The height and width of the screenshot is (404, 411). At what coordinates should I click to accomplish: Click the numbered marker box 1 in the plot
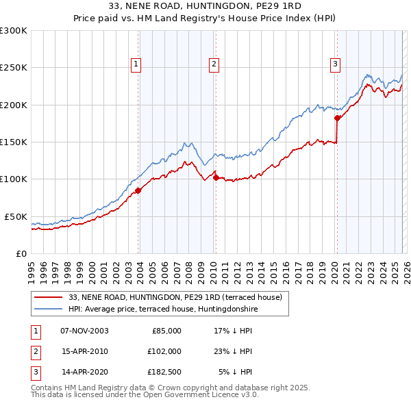pyautogui.click(x=136, y=64)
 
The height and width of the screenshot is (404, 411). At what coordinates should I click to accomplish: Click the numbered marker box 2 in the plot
pyautogui.click(x=214, y=64)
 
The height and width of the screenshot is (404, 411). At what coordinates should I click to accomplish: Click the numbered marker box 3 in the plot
pyautogui.click(x=335, y=64)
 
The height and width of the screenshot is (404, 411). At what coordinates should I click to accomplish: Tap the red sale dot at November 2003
pyautogui.click(x=138, y=190)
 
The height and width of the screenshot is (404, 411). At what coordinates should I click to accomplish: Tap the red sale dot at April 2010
pyautogui.click(x=216, y=177)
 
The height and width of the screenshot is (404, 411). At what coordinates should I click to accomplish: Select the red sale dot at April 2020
pyautogui.click(x=337, y=118)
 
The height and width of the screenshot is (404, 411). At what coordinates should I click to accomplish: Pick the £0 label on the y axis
pyautogui.click(x=20, y=253)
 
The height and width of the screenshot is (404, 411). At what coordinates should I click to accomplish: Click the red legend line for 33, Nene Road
pyautogui.click(x=50, y=298)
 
